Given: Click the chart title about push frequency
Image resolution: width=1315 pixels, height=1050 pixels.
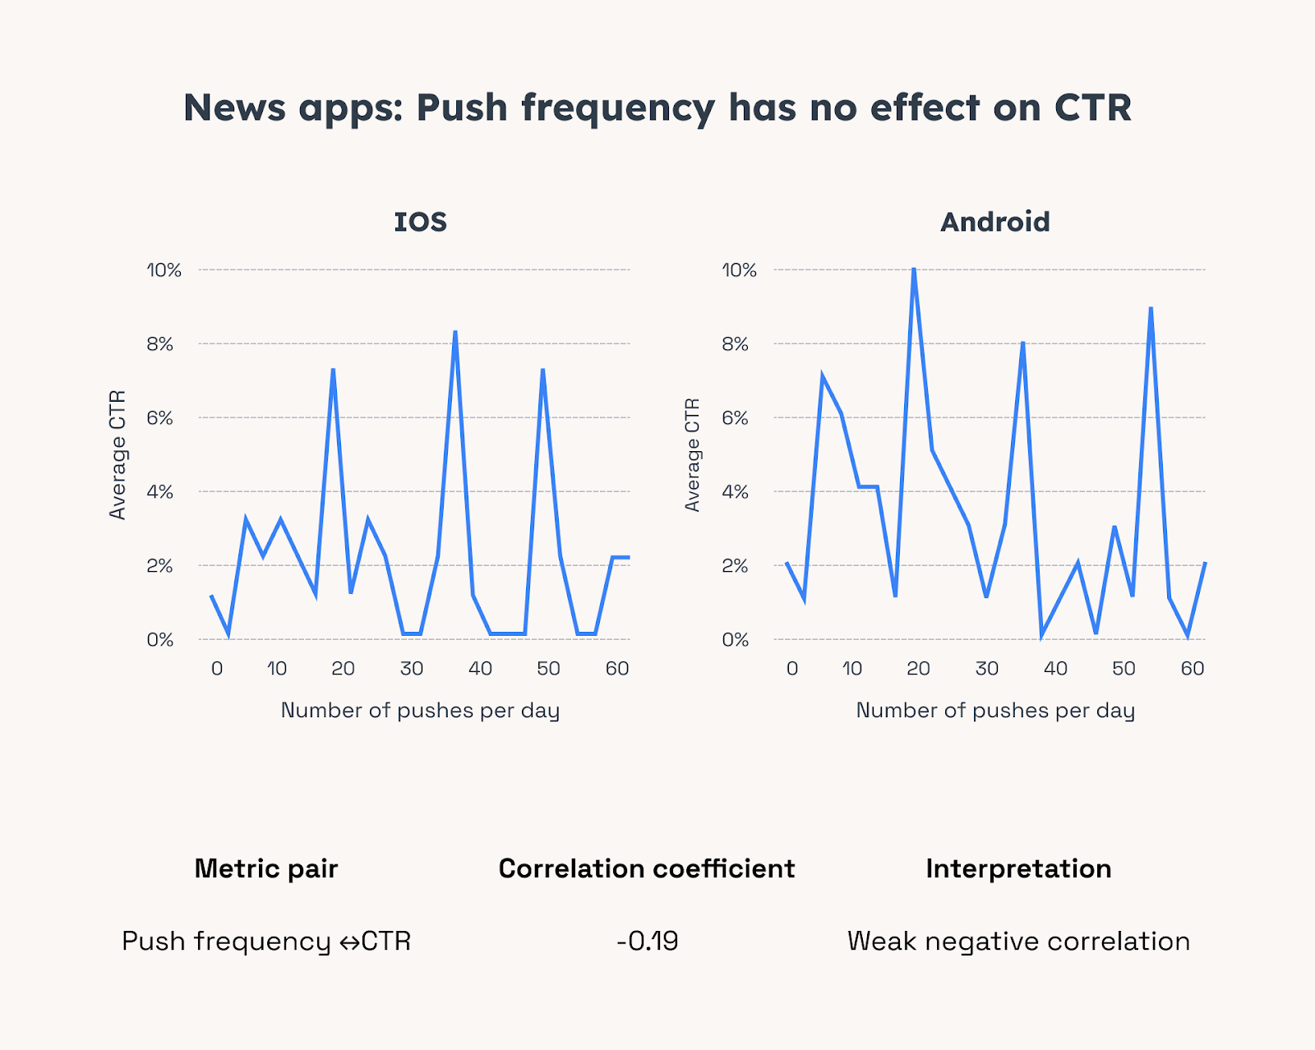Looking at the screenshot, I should coord(657,108).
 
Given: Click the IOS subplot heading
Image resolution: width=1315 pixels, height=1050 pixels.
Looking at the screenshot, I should coord(420,222).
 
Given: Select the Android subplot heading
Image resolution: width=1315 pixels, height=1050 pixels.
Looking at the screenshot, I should coord(994,222).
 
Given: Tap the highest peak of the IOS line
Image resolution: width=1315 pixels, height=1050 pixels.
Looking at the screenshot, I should coord(454,332).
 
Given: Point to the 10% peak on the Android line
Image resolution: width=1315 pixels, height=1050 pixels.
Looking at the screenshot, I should coord(913,269).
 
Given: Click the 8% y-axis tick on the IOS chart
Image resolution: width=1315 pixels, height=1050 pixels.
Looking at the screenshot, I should coord(160,344).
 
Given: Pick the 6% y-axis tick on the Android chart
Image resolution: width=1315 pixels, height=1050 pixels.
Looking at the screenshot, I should coord(736,418).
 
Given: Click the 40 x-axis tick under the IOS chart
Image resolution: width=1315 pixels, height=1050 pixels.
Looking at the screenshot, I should coord(480,669).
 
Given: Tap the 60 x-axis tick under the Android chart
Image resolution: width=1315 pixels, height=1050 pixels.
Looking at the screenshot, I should coord(1192,669).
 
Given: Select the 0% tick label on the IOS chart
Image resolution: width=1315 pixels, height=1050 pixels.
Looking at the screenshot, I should coord(160,640).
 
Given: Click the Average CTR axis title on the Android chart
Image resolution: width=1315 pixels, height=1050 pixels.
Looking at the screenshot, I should coord(693,455).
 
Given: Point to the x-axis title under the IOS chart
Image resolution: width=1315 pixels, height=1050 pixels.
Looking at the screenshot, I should coord(420,711).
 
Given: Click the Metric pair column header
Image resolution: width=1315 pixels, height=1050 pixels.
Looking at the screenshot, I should coord(266,868).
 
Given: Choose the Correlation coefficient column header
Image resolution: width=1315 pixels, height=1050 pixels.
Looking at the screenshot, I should coord(647,868).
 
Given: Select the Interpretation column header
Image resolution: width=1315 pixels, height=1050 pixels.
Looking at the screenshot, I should coord(1018,868).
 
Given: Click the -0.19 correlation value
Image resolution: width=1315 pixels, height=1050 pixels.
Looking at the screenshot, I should coord(648,941).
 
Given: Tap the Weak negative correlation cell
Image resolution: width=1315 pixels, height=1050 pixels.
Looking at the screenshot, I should coord(1018,941).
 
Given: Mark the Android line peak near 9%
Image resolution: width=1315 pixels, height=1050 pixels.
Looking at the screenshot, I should coord(1151,309).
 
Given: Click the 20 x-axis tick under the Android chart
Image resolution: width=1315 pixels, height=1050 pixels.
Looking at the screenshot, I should coord(918,669).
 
